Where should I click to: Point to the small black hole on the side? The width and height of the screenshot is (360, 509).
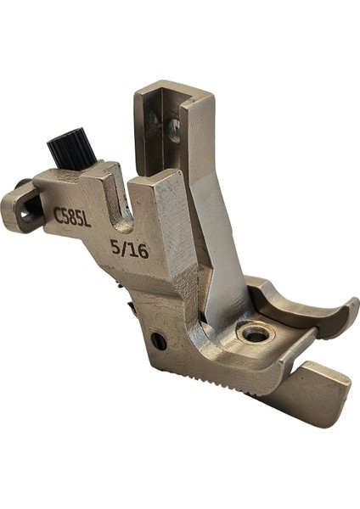158,341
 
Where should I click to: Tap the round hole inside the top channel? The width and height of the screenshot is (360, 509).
173,129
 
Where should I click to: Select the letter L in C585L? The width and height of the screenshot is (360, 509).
87,213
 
